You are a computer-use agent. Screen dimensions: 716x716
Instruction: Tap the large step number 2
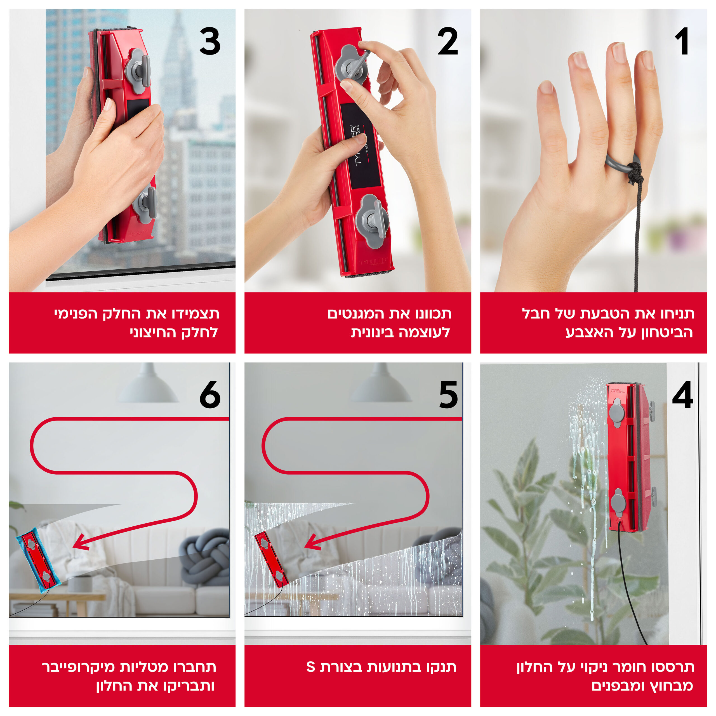(x=448, y=41)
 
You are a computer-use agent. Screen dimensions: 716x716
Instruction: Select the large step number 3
(x=210, y=41)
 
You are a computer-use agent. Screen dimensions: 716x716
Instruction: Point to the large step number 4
(x=683, y=395)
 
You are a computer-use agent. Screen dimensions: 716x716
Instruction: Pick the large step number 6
(x=210, y=395)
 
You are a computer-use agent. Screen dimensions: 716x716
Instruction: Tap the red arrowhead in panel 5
(x=312, y=542)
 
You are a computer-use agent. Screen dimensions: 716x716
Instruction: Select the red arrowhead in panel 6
(x=81, y=542)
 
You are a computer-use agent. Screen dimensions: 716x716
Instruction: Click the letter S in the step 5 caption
(x=310, y=667)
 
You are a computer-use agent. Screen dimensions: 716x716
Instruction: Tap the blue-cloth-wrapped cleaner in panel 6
(x=39, y=560)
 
